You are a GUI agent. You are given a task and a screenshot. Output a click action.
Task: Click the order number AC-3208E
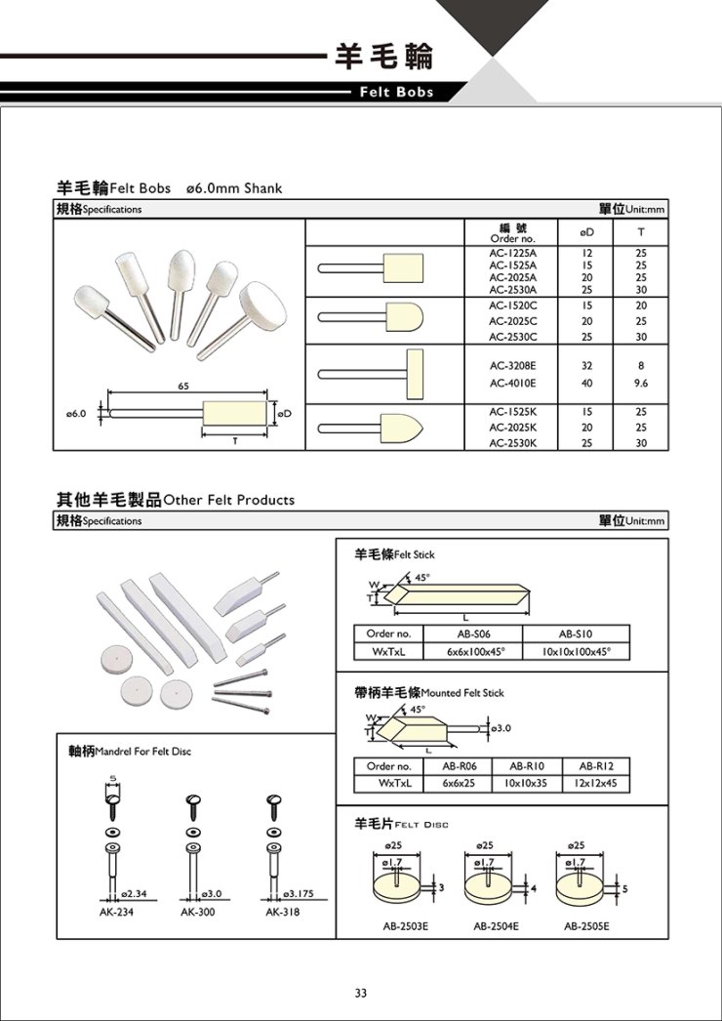512,366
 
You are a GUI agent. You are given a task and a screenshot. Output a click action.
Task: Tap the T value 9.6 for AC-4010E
640,384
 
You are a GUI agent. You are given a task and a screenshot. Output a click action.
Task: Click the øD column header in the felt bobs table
587,232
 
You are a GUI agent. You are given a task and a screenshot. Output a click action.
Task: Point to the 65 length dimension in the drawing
182,386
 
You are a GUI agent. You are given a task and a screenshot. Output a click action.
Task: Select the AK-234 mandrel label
116,913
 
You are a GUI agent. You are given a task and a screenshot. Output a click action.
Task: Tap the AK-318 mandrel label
282,913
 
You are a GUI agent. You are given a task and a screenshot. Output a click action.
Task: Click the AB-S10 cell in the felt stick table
577,633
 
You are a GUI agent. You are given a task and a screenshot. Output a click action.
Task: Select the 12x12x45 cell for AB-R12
601,783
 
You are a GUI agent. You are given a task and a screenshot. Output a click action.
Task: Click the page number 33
361,993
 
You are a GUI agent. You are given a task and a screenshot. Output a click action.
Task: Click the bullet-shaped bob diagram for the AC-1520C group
390,319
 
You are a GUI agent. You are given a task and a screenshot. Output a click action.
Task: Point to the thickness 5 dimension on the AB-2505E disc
624,887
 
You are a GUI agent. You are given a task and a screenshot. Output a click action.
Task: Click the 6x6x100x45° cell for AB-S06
472,651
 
